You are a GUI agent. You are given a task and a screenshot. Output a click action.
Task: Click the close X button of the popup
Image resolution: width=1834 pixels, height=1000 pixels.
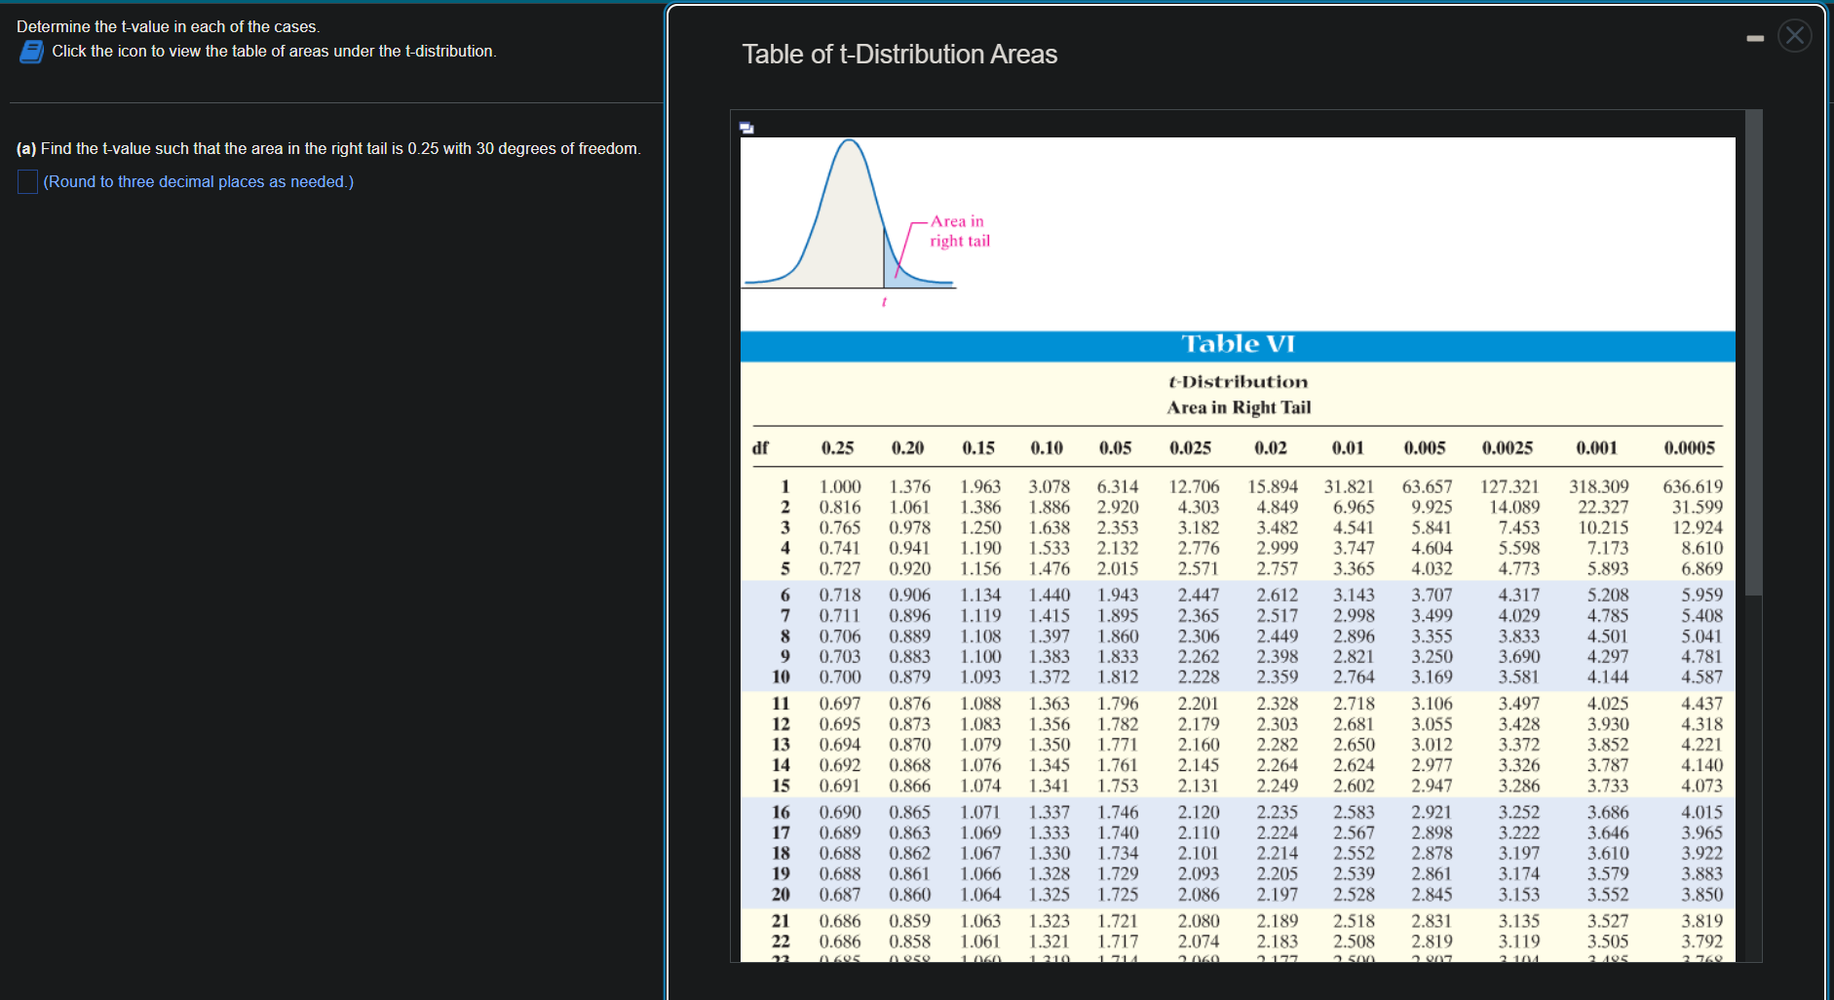pyautogui.click(x=1794, y=36)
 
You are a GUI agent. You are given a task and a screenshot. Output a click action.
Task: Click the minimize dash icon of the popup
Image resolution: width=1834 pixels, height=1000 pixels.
pyautogui.click(x=1755, y=39)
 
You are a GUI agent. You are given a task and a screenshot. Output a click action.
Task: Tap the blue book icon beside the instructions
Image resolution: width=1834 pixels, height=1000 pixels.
pyautogui.click(x=31, y=52)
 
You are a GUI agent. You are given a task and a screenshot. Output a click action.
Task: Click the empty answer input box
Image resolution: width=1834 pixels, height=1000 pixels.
pyautogui.click(x=27, y=182)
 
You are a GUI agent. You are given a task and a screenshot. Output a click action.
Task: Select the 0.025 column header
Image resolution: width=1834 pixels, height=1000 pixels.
pyautogui.click(x=1190, y=448)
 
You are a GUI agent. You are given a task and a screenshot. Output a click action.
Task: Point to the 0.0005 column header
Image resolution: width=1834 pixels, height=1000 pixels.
pyautogui.click(x=1689, y=448)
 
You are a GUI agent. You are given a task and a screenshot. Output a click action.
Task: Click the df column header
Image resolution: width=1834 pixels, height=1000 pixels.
pyautogui.click(x=760, y=448)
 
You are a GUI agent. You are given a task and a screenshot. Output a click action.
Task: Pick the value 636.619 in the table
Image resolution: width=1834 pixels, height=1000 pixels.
pyautogui.click(x=1692, y=486)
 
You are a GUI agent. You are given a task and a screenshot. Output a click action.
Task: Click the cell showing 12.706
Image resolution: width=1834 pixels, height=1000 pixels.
pyautogui.click(x=1194, y=486)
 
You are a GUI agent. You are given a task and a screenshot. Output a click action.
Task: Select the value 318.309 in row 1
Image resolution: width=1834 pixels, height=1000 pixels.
pyautogui.click(x=1598, y=486)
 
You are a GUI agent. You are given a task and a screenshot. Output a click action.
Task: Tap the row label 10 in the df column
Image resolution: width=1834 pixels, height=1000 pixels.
pyautogui.click(x=781, y=676)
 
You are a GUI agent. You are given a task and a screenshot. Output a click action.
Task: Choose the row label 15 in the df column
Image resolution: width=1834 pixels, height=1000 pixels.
pyautogui.click(x=781, y=786)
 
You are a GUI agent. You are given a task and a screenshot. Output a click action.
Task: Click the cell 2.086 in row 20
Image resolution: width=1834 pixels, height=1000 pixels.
pyautogui.click(x=1198, y=895)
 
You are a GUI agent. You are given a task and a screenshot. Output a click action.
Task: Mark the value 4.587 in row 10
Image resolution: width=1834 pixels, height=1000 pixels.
pyautogui.click(x=1701, y=676)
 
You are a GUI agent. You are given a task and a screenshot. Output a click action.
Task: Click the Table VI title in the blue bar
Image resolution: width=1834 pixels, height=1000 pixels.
pyautogui.click(x=1238, y=344)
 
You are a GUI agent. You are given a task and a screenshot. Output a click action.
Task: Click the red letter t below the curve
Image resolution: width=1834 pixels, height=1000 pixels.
pyautogui.click(x=884, y=302)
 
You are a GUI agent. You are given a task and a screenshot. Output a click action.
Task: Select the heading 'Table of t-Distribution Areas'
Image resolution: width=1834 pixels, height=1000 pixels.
pyautogui.click(x=898, y=55)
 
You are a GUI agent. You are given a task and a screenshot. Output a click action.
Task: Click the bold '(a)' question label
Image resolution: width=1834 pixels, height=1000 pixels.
pyautogui.click(x=26, y=149)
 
